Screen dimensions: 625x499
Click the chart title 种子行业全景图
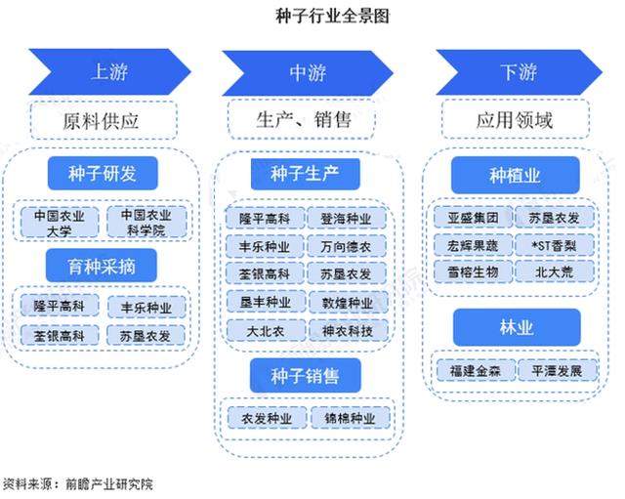coord(332,16)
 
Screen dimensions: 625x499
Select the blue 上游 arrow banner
coord(109,71)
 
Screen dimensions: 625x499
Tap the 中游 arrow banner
coord(308,73)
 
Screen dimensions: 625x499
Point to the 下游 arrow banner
coord(519,72)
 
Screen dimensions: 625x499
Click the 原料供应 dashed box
coord(104,121)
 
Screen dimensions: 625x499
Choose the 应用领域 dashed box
coord(515,119)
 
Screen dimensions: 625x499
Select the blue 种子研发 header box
coord(103,174)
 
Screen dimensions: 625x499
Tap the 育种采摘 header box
coord(102,266)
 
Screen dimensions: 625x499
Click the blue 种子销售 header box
coord(306,375)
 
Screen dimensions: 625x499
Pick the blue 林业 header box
coord(517,327)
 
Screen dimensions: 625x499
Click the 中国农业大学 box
coord(60,223)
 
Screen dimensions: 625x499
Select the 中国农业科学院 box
coord(146,222)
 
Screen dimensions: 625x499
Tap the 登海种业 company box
coord(347,218)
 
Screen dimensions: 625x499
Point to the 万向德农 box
coord(346,246)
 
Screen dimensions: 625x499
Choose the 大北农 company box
coord(266,331)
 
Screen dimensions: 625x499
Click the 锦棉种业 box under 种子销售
coord(350,418)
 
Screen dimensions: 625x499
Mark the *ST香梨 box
coord(555,245)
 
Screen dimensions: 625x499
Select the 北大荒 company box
coord(555,271)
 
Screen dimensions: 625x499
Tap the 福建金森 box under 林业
coord(476,371)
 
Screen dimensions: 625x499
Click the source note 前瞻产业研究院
coord(109,483)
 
